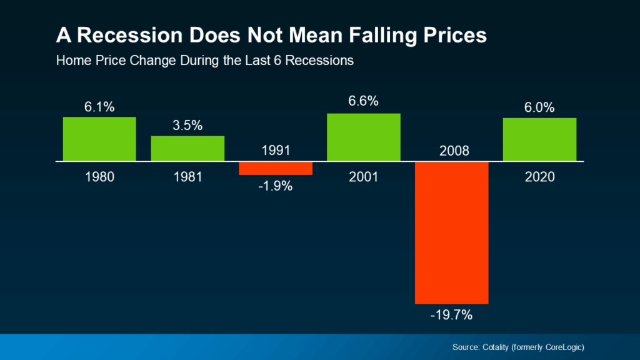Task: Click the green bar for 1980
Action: point(99,139)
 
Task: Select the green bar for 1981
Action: point(187,149)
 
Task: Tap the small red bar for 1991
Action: point(276,168)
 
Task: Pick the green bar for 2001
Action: point(364,137)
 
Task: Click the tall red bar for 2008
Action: point(451,232)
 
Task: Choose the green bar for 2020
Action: point(539,139)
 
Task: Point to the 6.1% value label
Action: point(99,107)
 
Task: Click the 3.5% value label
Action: point(187,126)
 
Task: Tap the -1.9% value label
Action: point(276,186)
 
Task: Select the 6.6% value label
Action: point(364,101)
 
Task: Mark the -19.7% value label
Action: point(451,315)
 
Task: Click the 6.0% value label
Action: point(539,107)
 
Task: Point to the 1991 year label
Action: point(276,151)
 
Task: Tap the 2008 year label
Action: point(451,151)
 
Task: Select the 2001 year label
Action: point(364,177)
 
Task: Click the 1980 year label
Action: point(99,177)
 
